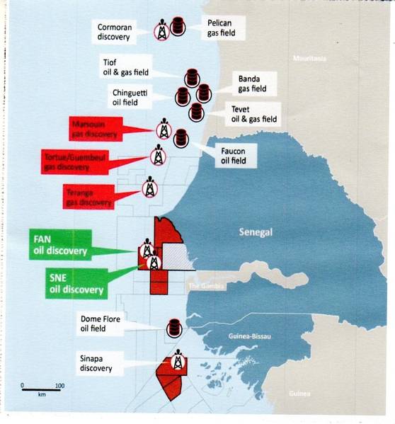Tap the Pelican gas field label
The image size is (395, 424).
[x=219, y=28]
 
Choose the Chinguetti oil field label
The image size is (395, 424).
[x=137, y=97]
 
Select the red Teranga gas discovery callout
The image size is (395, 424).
[x=91, y=195]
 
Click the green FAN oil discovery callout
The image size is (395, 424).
[x=60, y=244]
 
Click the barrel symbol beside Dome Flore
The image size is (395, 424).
[x=174, y=328]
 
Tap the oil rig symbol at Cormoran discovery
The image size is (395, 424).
[x=162, y=30]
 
